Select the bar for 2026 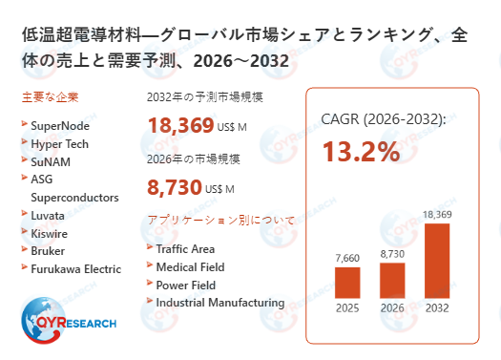pos(392,279)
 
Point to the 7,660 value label pos(348,259)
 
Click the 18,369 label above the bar pos(437,214)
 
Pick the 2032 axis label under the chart pos(436,307)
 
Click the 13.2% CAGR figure pos(360,152)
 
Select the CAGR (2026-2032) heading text pos(383,120)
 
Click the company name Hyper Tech pos(59,143)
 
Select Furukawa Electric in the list pos(77,268)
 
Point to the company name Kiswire pos(50,233)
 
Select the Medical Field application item pos(191,266)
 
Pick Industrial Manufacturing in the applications pos(219,303)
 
